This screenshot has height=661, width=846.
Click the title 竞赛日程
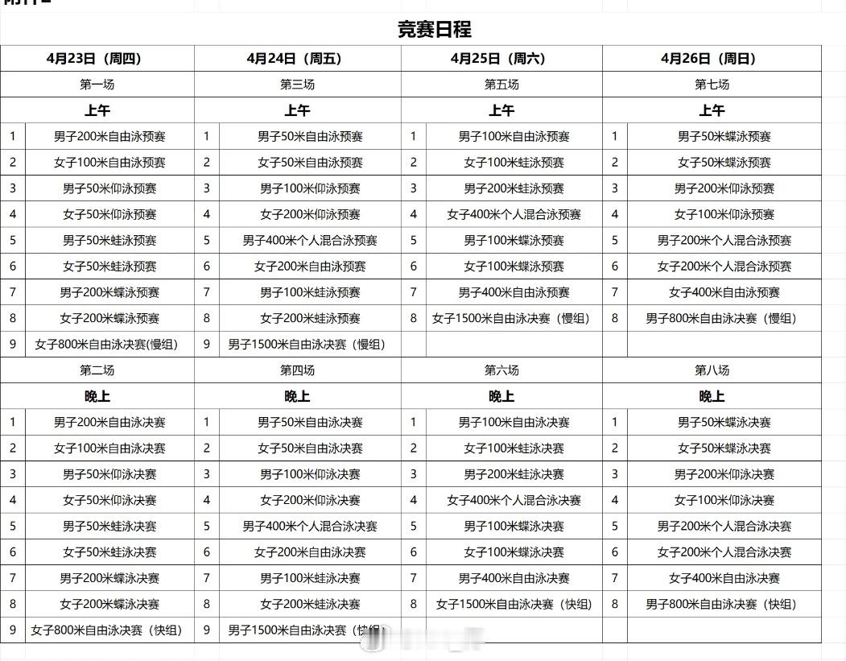click(x=434, y=30)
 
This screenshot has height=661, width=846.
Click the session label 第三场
click(x=297, y=85)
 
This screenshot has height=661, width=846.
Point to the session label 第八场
click(x=712, y=370)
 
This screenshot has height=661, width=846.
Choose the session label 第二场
click(x=97, y=370)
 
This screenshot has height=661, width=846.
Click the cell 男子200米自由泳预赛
click(x=109, y=137)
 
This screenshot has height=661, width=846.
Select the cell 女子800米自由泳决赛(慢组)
click(x=106, y=345)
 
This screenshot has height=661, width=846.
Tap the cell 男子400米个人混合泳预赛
click(x=310, y=241)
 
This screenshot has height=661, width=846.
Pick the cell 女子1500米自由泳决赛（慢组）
click(x=511, y=319)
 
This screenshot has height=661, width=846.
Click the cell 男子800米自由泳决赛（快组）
click(x=720, y=605)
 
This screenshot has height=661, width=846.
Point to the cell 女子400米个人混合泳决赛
click(x=514, y=501)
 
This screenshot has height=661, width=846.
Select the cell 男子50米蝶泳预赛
click(x=724, y=137)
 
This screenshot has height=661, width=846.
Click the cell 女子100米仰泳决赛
click(x=724, y=501)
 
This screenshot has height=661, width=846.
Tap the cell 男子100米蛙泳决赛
click(x=310, y=579)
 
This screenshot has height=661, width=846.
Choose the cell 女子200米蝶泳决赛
click(x=109, y=605)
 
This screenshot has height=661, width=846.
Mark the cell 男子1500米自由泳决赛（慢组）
click(x=307, y=345)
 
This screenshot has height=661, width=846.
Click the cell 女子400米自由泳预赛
click(x=724, y=293)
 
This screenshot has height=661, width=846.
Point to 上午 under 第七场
click(x=712, y=110)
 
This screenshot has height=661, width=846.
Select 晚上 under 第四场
click(x=297, y=396)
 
